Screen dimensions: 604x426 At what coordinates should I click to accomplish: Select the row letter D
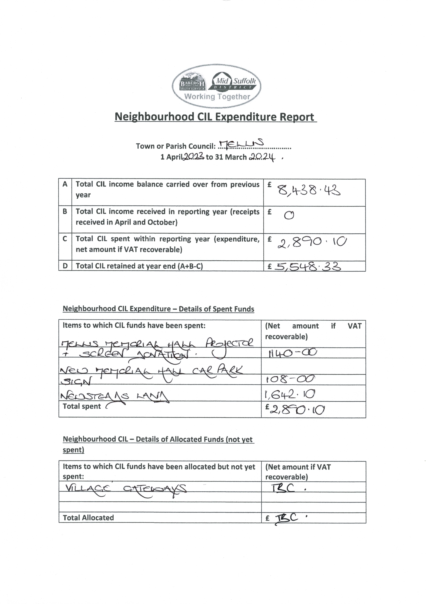coord(65,266)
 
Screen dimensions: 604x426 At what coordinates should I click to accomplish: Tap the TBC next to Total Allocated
coord(287,518)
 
